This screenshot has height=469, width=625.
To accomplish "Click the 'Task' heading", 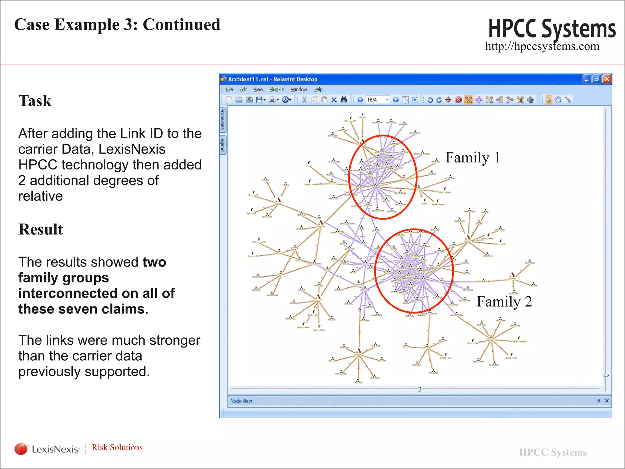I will click(35, 101).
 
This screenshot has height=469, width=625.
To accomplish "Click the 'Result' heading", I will click(41, 229).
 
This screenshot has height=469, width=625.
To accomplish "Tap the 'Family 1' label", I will click(472, 158).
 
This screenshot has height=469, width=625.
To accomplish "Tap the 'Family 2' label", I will click(504, 302).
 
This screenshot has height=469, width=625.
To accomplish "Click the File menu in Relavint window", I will click(229, 89).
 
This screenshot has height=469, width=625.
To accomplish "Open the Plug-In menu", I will click(276, 89).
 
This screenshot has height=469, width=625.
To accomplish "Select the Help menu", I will click(318, 89).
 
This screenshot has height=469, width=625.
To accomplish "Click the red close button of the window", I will click(607, 79).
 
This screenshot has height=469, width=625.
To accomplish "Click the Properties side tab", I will click(223, 119).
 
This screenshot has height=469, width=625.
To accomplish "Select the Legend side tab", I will click(223, 144).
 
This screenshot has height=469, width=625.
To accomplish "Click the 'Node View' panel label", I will click(241, 401).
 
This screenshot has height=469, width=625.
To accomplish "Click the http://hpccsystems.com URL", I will click(542, 46).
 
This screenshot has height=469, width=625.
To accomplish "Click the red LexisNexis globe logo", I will click(21, 449).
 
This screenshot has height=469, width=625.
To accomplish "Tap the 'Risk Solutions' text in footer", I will click(117, 447).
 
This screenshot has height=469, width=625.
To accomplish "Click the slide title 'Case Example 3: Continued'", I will click(117, 24).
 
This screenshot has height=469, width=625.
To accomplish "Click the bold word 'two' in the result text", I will click(154, 262).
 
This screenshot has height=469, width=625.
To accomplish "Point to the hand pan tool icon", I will click(558, 100).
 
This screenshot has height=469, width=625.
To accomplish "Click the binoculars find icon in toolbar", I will click(344, 100).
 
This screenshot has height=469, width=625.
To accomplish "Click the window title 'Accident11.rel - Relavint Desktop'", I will click(273, 79).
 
